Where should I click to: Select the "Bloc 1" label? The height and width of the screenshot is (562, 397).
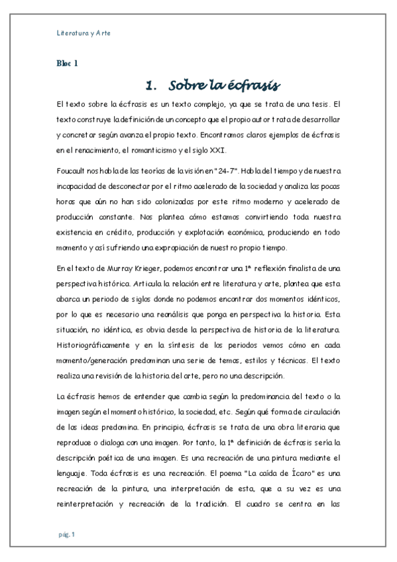point(67,64)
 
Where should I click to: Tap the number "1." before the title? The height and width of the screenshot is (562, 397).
point(151,85)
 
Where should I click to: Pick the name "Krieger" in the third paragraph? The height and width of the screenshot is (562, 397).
point(137,267)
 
